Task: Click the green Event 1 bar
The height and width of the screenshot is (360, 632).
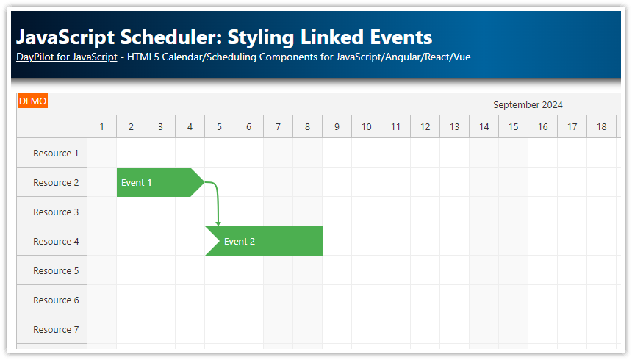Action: [x=154, y=182]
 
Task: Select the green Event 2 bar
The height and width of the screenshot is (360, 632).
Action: [x=265, y=241]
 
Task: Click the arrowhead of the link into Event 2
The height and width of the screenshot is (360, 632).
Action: [x=218, y=223]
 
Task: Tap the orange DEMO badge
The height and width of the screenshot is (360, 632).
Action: [x=32, y=101]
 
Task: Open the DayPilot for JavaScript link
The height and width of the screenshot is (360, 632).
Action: [x=66, y=57]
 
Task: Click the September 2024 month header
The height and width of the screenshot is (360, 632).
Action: [x=528, y=104]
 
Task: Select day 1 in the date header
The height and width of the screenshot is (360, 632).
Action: [x=102, y=127]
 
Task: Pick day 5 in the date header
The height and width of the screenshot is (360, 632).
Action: [x=220, y=127]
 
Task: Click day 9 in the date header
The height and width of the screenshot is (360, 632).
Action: [x=337, y=127]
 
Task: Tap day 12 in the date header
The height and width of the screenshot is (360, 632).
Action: [x=425, y=127]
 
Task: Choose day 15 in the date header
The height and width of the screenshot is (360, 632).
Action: [x=514, y=127]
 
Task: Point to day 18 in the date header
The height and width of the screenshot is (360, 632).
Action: [x=602, y=127]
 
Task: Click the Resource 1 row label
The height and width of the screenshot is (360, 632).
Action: [x=56, y=153]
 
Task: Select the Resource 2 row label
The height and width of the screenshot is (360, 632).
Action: [x=56, y=182]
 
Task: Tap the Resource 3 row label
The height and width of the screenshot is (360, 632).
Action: [x=56, y=212]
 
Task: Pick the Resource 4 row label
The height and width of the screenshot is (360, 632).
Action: [x=56, y=241]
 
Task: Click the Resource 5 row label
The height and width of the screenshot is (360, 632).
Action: [x=56, y=270]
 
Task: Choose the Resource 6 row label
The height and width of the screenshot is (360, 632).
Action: [x=56, y=300]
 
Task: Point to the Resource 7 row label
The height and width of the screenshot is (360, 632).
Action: [x=56, y=329]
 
